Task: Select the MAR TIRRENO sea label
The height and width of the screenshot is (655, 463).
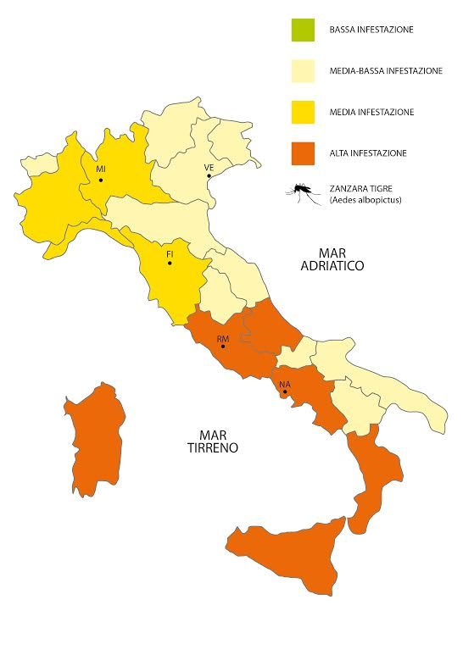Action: click(x=211, y=441)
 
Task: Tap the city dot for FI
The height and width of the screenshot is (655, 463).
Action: click(x=170, y=264)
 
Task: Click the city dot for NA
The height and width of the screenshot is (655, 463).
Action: click(x=285, y=391)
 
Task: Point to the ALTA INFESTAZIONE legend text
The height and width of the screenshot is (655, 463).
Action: click(x=368, y=153)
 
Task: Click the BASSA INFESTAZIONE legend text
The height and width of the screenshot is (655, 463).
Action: click(x=371, y=31)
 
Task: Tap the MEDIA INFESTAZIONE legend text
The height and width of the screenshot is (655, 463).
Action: click(x=371, y=113)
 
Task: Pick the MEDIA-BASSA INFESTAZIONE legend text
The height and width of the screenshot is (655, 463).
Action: click(x=385, y=71)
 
